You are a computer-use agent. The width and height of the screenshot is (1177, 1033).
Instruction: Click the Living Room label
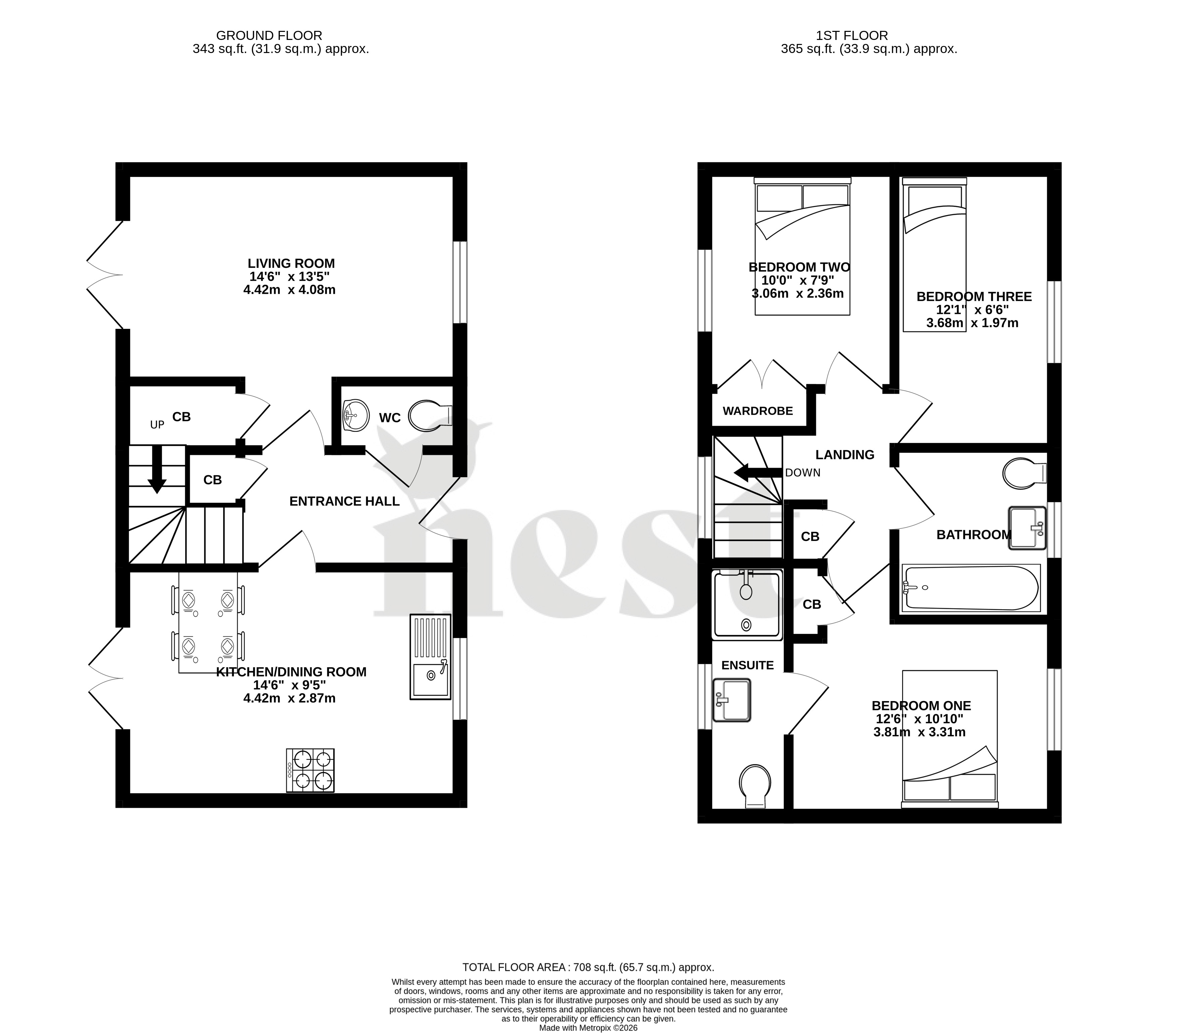click(x=291, y=263)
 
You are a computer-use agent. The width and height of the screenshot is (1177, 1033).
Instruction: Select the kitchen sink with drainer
click(x=430, y=657)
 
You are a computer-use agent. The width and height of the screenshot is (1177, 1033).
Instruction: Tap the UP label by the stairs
click(x=157, y=425)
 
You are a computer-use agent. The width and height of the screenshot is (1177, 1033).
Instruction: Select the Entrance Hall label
click(x=344, y=501)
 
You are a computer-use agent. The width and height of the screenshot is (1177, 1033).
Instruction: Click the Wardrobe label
click(x=758, y=411)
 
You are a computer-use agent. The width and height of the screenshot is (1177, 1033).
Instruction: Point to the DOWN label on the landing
click(x=803, y=473)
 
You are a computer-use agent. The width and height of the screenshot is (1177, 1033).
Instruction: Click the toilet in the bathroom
click(x=1024, y=473)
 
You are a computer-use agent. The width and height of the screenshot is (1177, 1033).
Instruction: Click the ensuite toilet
click(x=755, y=786)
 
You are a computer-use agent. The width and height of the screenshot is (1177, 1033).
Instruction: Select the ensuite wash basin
click(x=731, y=700)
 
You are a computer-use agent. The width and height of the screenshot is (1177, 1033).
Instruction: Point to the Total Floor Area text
click(x=588, y=967)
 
